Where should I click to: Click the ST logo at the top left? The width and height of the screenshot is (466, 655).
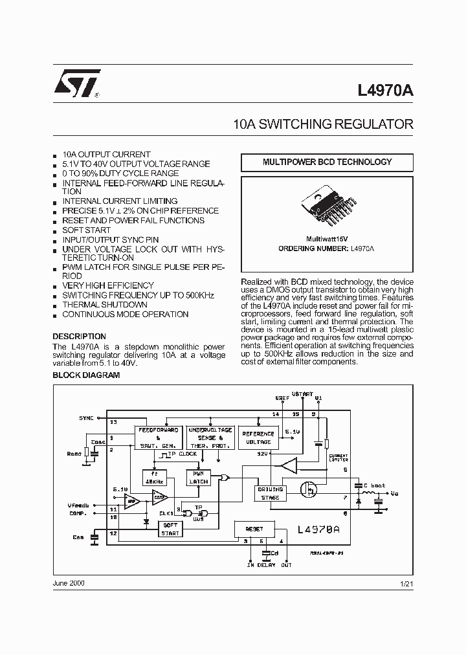(x=76, y=83)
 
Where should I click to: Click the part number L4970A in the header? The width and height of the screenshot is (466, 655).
(x=385, y=91)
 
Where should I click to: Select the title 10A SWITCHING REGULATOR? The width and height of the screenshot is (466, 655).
(x=322, y=124)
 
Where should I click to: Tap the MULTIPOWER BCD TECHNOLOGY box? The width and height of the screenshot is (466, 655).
(x=327, y=162)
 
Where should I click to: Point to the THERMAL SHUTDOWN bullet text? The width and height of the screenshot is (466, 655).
(x=104, y=304)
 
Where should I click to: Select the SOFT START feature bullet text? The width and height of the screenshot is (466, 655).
(x=86, y=230)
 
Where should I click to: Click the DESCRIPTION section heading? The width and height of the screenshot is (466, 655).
(x=79, y=337)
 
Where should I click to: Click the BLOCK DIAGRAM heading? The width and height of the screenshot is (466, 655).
(x=85, y=375)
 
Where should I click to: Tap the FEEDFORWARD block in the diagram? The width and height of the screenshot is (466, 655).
(x=159, y=438)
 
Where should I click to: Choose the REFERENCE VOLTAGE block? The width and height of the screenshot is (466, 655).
(x=258, y=438)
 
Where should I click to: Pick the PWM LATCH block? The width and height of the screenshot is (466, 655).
(x=198, y=478)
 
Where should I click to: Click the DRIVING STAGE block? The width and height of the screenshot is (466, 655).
(x=270, y=493)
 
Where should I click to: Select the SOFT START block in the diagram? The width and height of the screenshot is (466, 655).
(x=170, y=529)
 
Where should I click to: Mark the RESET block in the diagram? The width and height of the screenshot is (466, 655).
(x=254, y=529)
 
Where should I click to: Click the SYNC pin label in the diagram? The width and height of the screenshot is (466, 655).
(x=87, y=418)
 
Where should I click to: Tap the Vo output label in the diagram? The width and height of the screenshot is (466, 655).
(x=395, y=493)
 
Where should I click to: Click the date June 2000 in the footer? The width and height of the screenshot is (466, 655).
(x=69, y=583)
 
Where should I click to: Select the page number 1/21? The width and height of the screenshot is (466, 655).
(x=405, y=584)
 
